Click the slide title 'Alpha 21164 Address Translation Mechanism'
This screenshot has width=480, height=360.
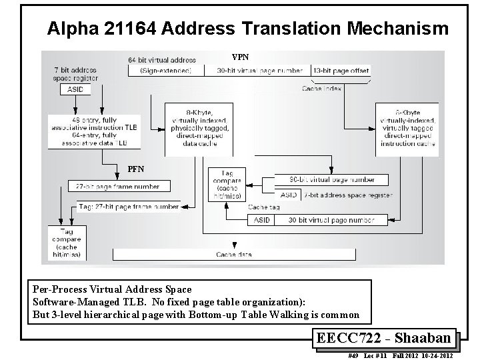pos(248,29)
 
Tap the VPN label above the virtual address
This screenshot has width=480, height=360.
pos(240,57)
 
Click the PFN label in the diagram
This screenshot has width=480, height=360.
pos(136,169)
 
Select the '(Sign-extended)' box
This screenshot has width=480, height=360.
pos(166,70)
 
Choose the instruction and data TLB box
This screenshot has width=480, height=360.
pos(93,131)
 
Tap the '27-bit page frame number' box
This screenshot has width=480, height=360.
pos(119,186)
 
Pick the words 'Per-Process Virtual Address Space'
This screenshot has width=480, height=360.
pos(112,289)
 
